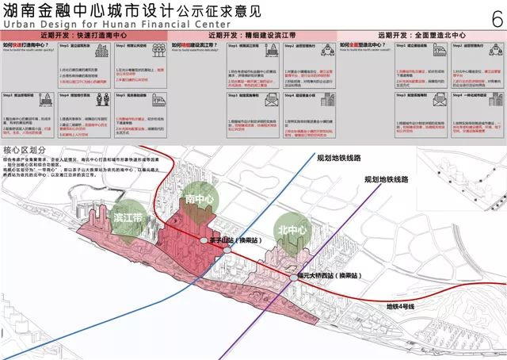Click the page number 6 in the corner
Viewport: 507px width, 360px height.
(x=496, y=20)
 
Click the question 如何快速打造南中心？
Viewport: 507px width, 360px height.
(x=30, y=48)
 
